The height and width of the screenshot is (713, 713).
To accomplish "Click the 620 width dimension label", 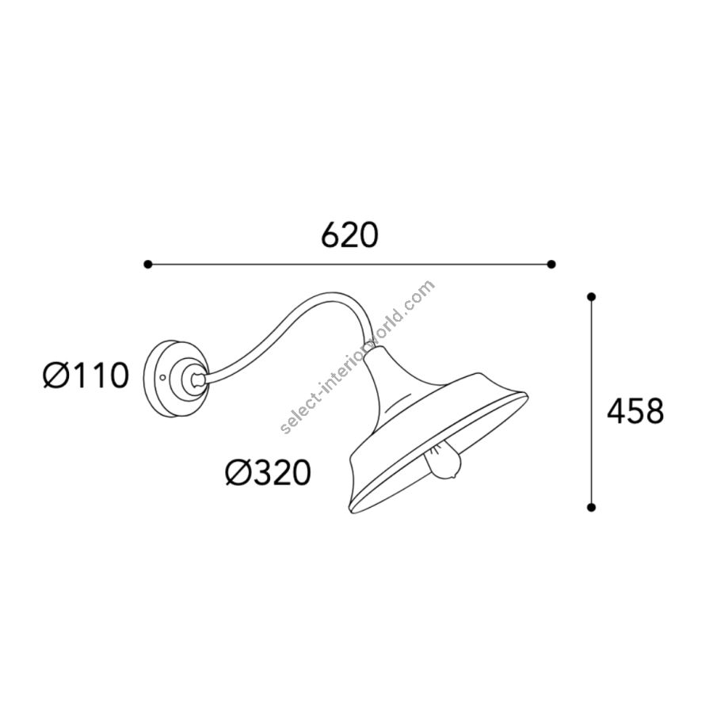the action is pos(349,234).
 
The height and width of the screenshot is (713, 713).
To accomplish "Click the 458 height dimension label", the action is pos(635,411).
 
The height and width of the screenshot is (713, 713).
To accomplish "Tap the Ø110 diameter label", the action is pos(86,376).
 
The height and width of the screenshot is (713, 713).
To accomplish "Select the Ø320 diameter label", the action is pos(269,472).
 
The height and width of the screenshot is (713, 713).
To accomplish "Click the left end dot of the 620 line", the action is pos(148,264).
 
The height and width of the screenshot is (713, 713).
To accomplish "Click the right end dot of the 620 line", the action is pos(551,264).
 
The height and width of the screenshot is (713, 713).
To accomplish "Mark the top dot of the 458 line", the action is pos(591,297).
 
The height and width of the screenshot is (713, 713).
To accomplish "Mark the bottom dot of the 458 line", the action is pos(591,508).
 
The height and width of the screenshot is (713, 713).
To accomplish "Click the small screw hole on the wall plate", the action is pos(163,377).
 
